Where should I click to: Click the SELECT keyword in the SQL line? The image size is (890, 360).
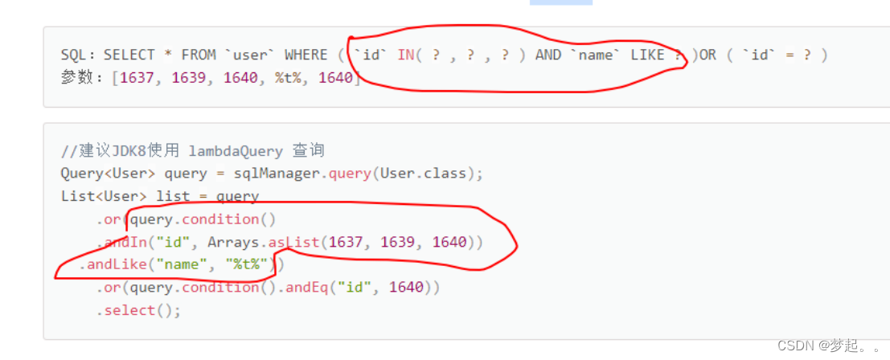[129, 55]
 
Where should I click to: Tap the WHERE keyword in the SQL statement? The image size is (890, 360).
[306, 55]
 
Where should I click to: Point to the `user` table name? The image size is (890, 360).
[250, 55]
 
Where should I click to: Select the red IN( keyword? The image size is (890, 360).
[410, 55]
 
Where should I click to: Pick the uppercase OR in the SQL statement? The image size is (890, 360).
[707, 55]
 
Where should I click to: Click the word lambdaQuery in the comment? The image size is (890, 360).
[236, 150]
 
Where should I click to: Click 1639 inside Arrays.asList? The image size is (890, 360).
[397, 242]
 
